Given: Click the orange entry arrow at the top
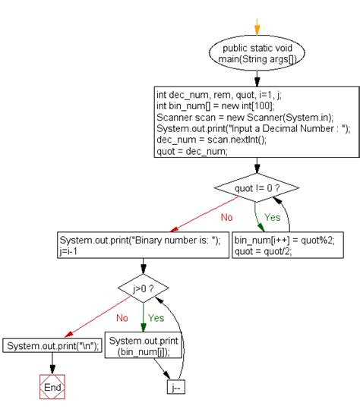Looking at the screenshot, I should [257, 27].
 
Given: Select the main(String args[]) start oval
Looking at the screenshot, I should [257, 53].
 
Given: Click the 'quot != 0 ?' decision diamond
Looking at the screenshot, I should [257, 186].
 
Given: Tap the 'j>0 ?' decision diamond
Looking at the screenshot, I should [144, 288].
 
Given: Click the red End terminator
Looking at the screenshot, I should [51, 387].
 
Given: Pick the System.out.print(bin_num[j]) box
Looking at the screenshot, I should [144, 346].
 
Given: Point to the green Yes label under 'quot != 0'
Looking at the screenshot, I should [273, 217].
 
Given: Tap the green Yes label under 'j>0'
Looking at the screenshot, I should [156, 319].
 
